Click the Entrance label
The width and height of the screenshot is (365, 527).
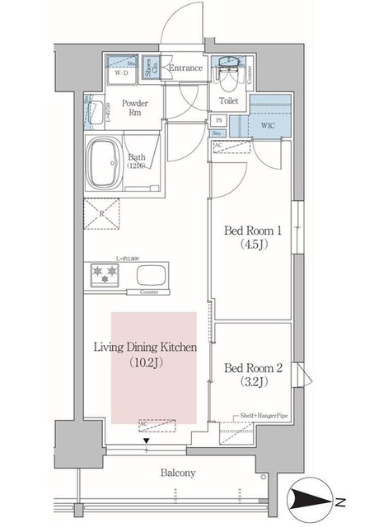[x=185, y=68]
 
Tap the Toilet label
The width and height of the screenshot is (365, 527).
[x=228, y=100]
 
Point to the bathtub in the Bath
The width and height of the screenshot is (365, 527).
[x=105, y=161]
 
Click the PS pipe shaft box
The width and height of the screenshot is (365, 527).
[x=218, y=120]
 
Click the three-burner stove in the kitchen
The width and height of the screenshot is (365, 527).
[x=105, y=274]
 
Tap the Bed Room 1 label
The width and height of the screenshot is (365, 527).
[x=250, y=237]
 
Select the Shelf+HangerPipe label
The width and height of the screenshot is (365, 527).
[x=264, y=417]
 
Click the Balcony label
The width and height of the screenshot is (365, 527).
[x=177, y=473]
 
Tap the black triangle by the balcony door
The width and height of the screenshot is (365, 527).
[x=147, y=441]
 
